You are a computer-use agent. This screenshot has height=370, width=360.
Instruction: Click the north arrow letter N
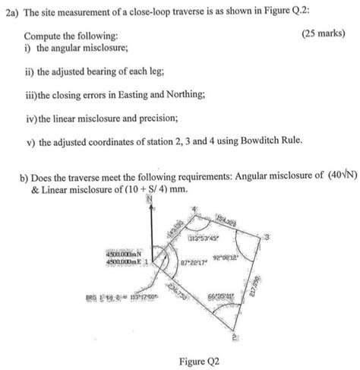click(x=150, y=198)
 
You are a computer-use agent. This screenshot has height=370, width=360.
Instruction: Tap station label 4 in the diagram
click(x=194, y=208)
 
